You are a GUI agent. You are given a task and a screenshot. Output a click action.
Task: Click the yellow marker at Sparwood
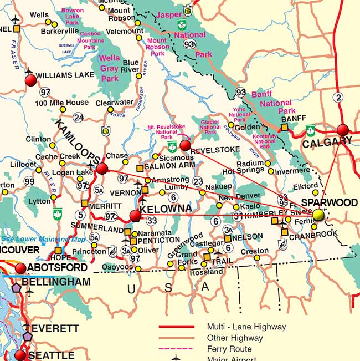pyautogui.click(x=318, y=215)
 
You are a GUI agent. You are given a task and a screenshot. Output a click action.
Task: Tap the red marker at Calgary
pyautogui.click(x=343, y=130)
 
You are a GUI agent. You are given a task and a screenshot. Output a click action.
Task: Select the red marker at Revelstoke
pyautogui.click(x=186, y=146)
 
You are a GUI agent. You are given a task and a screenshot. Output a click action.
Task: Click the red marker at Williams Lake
pyautogui.click(x=30, y=80)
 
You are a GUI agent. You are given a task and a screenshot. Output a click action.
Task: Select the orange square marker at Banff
pyautogui.click(x=284, y=128)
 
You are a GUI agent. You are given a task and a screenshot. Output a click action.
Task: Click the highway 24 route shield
pyautogui.click(x=79, y=117)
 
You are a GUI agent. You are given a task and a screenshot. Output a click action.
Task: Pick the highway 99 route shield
pyautogui.click(x=29, y=181)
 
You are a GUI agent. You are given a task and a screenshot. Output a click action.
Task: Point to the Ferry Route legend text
pyautogui.click(x=229, y=349)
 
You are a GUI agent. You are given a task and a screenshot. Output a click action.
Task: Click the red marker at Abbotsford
pyautogui.click(x=20, y=268)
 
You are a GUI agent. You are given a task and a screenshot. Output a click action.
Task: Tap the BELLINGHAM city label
pyautogui.click(x=56, y=282)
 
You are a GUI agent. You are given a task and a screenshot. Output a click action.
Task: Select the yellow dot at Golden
pyautogui.click(x=231, y=125)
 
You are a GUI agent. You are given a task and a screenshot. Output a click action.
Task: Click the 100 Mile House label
pyautogui.click(x=61, y=103)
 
